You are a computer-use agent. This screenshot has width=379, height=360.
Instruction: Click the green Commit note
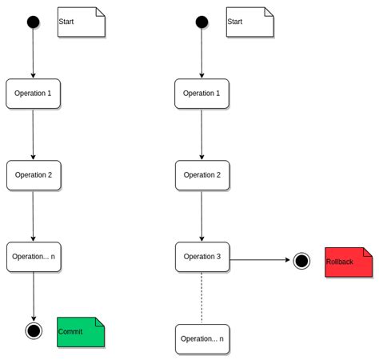tap(81, 332)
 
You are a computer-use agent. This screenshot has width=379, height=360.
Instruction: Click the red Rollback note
tap(349, 262)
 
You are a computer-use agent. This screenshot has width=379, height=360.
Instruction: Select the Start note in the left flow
tap(82, 22)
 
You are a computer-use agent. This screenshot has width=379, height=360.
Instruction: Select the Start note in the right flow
tap(250, 22)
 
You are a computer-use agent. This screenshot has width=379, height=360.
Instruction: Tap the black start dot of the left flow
tap(33, 22)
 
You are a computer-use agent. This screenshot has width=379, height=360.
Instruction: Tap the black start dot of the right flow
tap(201, 22)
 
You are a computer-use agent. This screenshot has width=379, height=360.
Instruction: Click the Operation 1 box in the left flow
tap(33, 94)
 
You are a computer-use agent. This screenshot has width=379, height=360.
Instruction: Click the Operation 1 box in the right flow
tap(201, 94)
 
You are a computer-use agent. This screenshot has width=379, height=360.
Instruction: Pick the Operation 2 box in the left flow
tap(34, 175)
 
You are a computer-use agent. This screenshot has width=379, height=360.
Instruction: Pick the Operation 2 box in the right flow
tap(202, 175)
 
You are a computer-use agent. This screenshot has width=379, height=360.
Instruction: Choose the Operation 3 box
tap(202, 257)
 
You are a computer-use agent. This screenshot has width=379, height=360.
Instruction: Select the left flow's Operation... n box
tap(34, 257)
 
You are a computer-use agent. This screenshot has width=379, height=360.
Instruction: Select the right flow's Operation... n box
tap(202, 338)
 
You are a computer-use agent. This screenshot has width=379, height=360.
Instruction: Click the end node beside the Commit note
tap(34, 330)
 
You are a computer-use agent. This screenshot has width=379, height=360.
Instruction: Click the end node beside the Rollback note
tap(301, 261)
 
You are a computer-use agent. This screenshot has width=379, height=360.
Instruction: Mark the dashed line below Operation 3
tap(201, 298)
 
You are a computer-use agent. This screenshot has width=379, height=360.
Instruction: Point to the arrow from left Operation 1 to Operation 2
tap(33, 134)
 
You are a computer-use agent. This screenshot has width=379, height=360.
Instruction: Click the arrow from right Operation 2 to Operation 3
tap(201, 216)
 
